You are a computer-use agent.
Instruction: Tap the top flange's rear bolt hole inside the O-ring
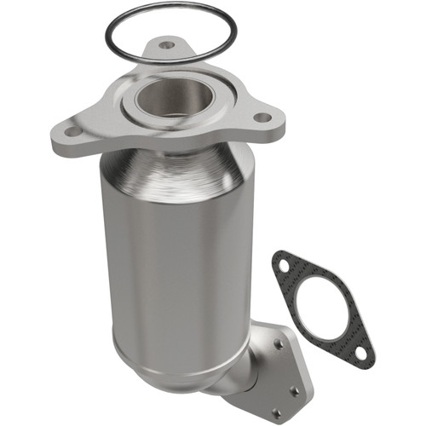point(167,44)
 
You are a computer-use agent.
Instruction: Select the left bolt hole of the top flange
point(71,132)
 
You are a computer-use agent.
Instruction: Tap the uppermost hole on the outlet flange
point(279,344)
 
